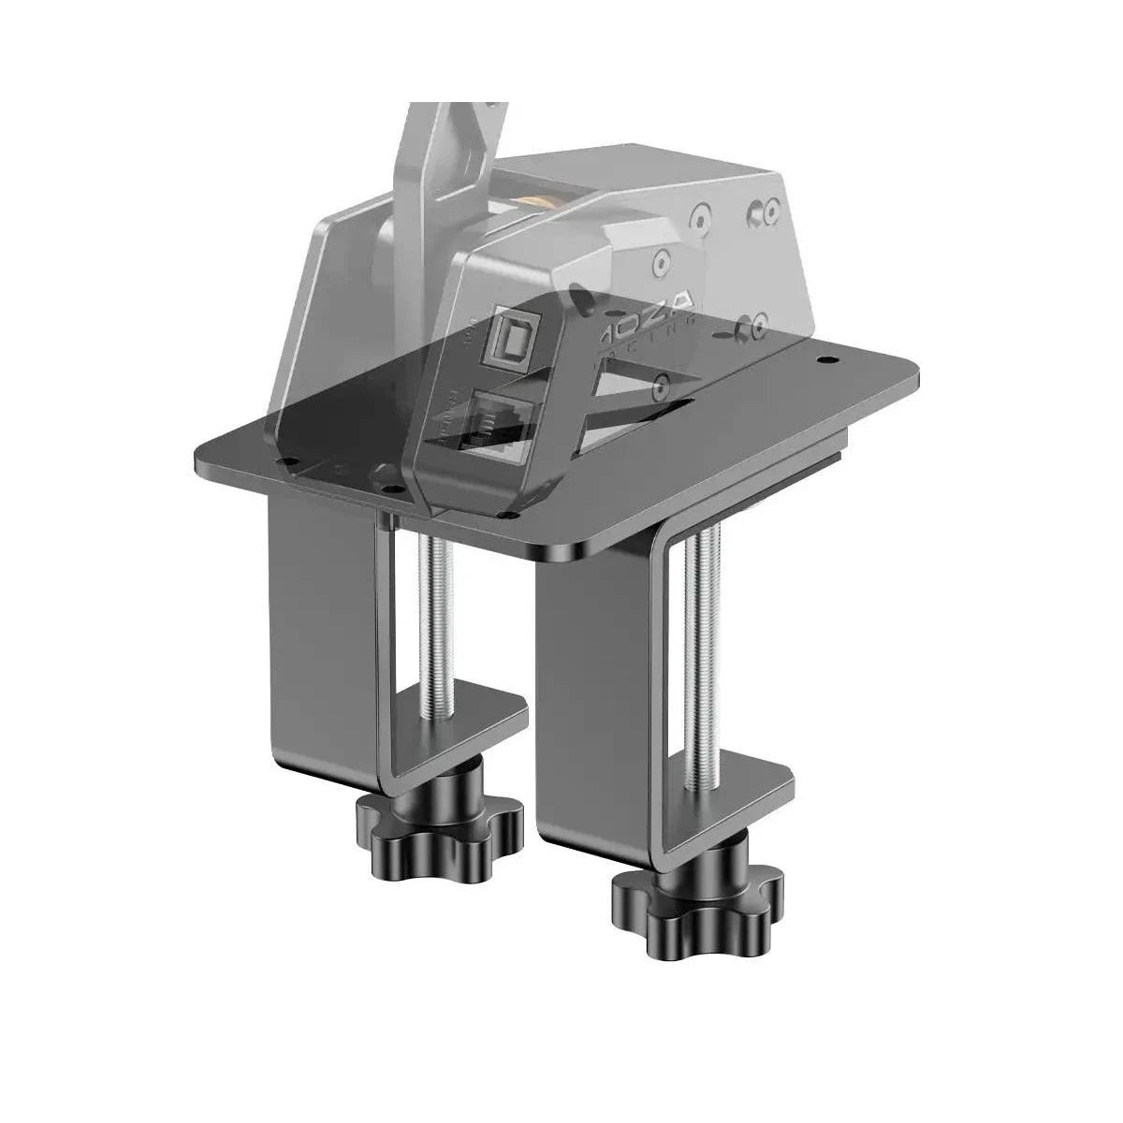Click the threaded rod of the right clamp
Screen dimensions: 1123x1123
point(700,655)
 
